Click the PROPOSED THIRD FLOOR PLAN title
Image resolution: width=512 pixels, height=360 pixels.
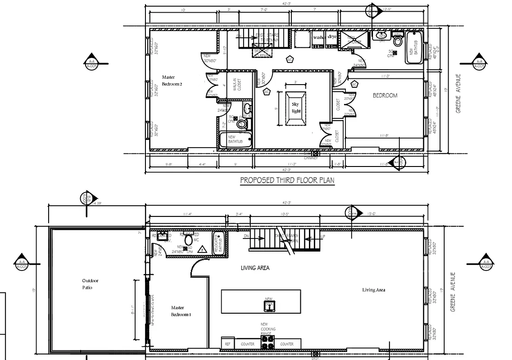(x=287, y=180)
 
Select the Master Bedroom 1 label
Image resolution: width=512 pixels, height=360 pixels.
(x=181, y=311)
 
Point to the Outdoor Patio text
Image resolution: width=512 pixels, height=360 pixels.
(x=90, y=284)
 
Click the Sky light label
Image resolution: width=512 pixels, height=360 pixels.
(x=295, y=108)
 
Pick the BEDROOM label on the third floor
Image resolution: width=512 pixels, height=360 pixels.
(x=385, y=95)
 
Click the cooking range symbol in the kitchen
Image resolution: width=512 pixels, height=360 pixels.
(x=268, y=342)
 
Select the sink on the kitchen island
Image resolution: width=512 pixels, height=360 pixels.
(x=269, y=306)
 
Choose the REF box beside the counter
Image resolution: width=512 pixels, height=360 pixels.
(x=227, y=344)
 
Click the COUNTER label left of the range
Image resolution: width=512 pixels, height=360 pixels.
(x=247, y=344)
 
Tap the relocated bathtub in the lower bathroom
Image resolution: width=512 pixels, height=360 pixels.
(x=218, y=244)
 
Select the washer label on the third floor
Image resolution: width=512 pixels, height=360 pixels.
(x=319, y=38)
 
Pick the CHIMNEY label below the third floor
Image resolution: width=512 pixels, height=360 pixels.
(x=311, y=158)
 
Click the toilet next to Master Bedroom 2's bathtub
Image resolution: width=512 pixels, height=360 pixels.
(x=242, y=124)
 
